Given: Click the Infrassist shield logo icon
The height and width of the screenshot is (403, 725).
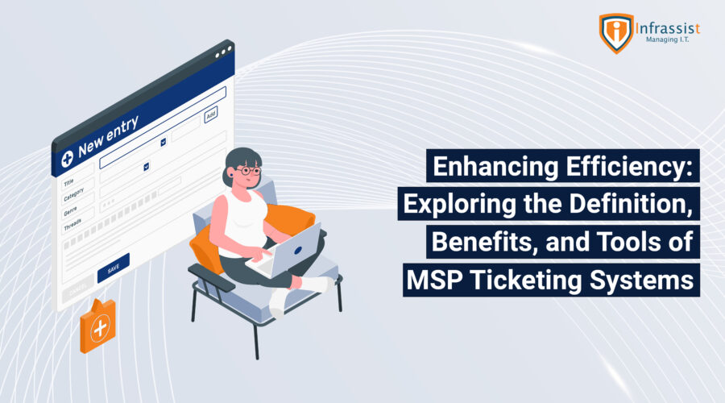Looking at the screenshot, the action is (616, 33).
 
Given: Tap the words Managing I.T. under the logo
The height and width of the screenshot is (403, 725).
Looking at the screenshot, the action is (667, 39).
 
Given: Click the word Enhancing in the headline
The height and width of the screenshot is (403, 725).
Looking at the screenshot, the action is (495, 167).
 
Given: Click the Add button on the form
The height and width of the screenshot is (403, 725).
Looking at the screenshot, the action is (211, 114).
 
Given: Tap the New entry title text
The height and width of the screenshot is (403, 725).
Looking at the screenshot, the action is (108, 136).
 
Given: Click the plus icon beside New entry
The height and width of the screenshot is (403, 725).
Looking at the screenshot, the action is (67, 159).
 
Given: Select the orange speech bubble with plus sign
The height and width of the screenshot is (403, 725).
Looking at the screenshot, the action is (97, 326).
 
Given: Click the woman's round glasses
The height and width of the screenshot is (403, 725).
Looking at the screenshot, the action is (250, 171).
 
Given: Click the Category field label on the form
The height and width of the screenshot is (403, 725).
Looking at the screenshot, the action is (73, 195).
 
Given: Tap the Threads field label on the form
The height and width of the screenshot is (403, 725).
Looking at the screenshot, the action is (72, 225).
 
